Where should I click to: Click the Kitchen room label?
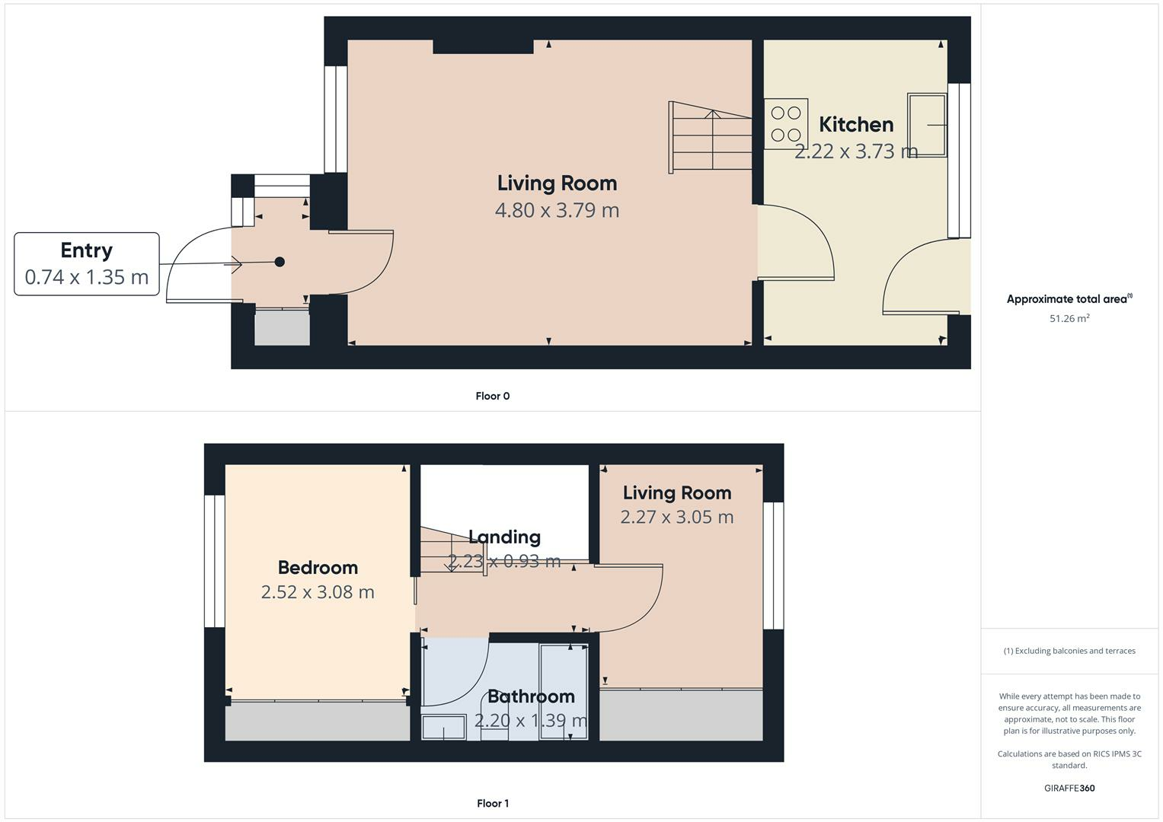[x=856, y=125]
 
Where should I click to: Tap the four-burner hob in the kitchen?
[x=786, y=124]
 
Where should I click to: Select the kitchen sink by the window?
[x=927, y=125]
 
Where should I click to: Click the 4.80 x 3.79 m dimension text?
[x=557, y=210]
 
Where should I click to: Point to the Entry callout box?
[x=87, y=264]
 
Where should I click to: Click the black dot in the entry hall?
[x=280, y=262]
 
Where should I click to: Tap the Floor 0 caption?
[x=493, y=396]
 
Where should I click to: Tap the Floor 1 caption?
[x=493, y=803]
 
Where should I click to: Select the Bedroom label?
[x=318, y=568]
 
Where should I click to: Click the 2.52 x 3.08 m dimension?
[x=318, y=592]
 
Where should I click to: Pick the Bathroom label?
[x=531, y=696]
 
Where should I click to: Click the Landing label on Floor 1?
[x=504, y=537]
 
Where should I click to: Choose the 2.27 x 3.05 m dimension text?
[x=676, y=518]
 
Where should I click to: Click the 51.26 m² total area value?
[x=1069, y=318]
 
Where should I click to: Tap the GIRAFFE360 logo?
[x=1069, y=788]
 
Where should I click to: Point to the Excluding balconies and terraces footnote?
[x=1069, y=651]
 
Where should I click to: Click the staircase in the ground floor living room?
[x=710, y=137]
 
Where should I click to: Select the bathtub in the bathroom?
[x=564, y=691]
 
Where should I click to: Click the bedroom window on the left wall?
[x=215, y=561]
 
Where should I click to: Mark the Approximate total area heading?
[x=1069, y=299]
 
